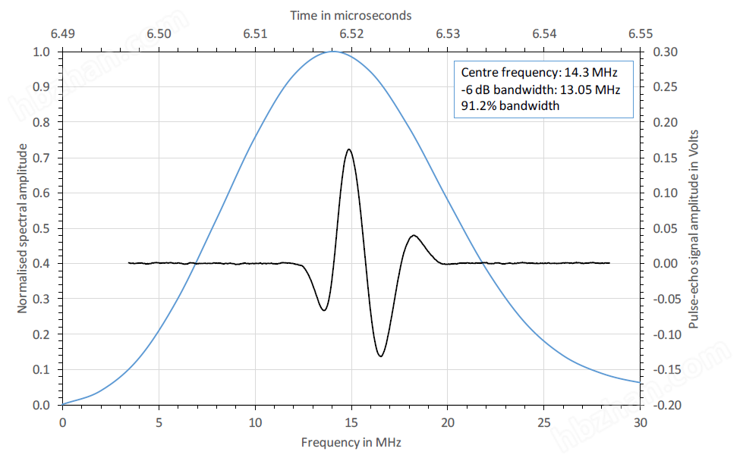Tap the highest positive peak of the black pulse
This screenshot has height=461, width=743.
[x=348, y=149]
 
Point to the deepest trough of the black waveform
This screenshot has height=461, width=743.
[x=380, y=356]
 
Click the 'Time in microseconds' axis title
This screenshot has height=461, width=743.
[x=351, y=15]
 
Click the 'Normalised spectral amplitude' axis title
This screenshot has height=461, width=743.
[x=23, y=228]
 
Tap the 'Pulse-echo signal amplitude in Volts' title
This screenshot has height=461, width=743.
[x=693, y=228]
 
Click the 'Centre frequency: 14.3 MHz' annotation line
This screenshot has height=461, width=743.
[x=540, y=73]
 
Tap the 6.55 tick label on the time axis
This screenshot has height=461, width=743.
[x=641, y=34]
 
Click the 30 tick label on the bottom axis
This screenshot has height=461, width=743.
[x=641, y=422]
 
